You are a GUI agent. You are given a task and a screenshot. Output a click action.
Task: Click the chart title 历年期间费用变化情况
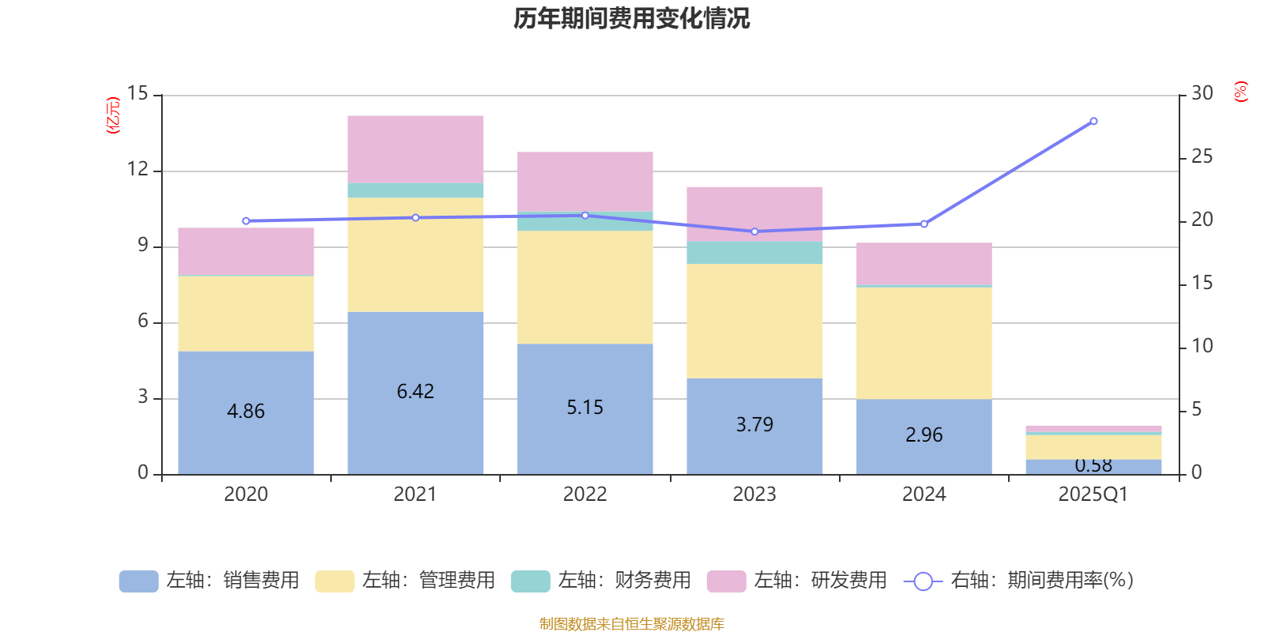point(631,18)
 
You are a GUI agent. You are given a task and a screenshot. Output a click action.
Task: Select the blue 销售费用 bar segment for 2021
point(416,427)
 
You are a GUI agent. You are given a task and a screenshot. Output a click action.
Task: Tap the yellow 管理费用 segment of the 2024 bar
point(924,343)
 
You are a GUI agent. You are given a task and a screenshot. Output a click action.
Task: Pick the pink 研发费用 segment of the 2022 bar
point(585,181)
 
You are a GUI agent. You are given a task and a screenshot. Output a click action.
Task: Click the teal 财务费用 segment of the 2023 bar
point(754,253)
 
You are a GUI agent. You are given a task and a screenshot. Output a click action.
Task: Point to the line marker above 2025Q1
point(1093,121)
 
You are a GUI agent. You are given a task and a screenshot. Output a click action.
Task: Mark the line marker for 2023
point(754,231)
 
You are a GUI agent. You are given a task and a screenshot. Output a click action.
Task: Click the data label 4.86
point(246,412)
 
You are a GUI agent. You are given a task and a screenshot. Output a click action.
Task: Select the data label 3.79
point(754,425)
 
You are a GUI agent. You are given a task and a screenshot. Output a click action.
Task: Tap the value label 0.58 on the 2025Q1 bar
point(1093,465)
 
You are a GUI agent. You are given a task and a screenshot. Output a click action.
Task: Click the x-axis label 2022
point(585,495)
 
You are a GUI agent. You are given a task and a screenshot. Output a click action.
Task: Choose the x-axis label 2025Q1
point(1093,495)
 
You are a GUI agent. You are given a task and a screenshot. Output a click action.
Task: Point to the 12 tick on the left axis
point(137,169)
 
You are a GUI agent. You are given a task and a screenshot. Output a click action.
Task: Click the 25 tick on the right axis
point(1202,156)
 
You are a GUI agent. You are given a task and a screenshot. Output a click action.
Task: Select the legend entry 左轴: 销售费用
point(209,581)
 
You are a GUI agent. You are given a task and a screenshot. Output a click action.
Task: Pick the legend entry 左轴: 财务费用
point(601,581)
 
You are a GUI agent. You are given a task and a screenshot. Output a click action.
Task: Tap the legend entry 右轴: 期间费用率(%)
point(1019,581)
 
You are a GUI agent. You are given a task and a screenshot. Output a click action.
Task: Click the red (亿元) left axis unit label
point(113,115)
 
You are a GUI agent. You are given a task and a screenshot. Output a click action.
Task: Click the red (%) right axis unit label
point(1241,92)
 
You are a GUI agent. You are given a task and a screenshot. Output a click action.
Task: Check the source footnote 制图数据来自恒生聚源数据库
point(631,624)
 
